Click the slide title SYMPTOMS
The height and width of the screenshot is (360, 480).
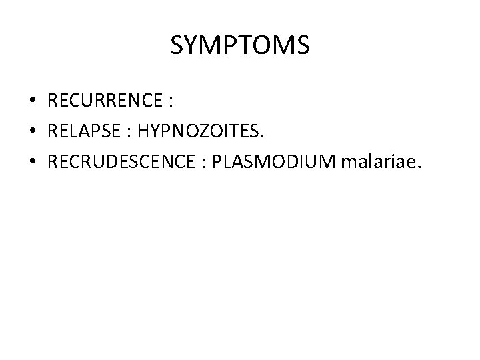[x=240, y=46]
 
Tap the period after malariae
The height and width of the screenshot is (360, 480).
[x=419, y=169]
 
